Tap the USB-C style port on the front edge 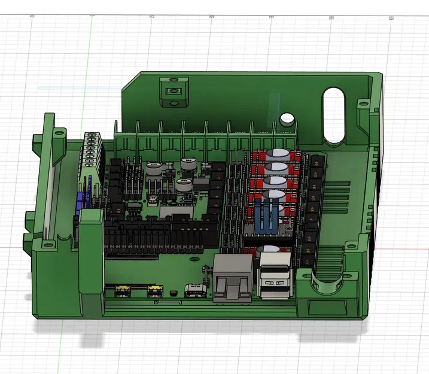(196, 291)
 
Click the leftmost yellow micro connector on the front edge (123, 291)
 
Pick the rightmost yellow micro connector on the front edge (156, 291)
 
